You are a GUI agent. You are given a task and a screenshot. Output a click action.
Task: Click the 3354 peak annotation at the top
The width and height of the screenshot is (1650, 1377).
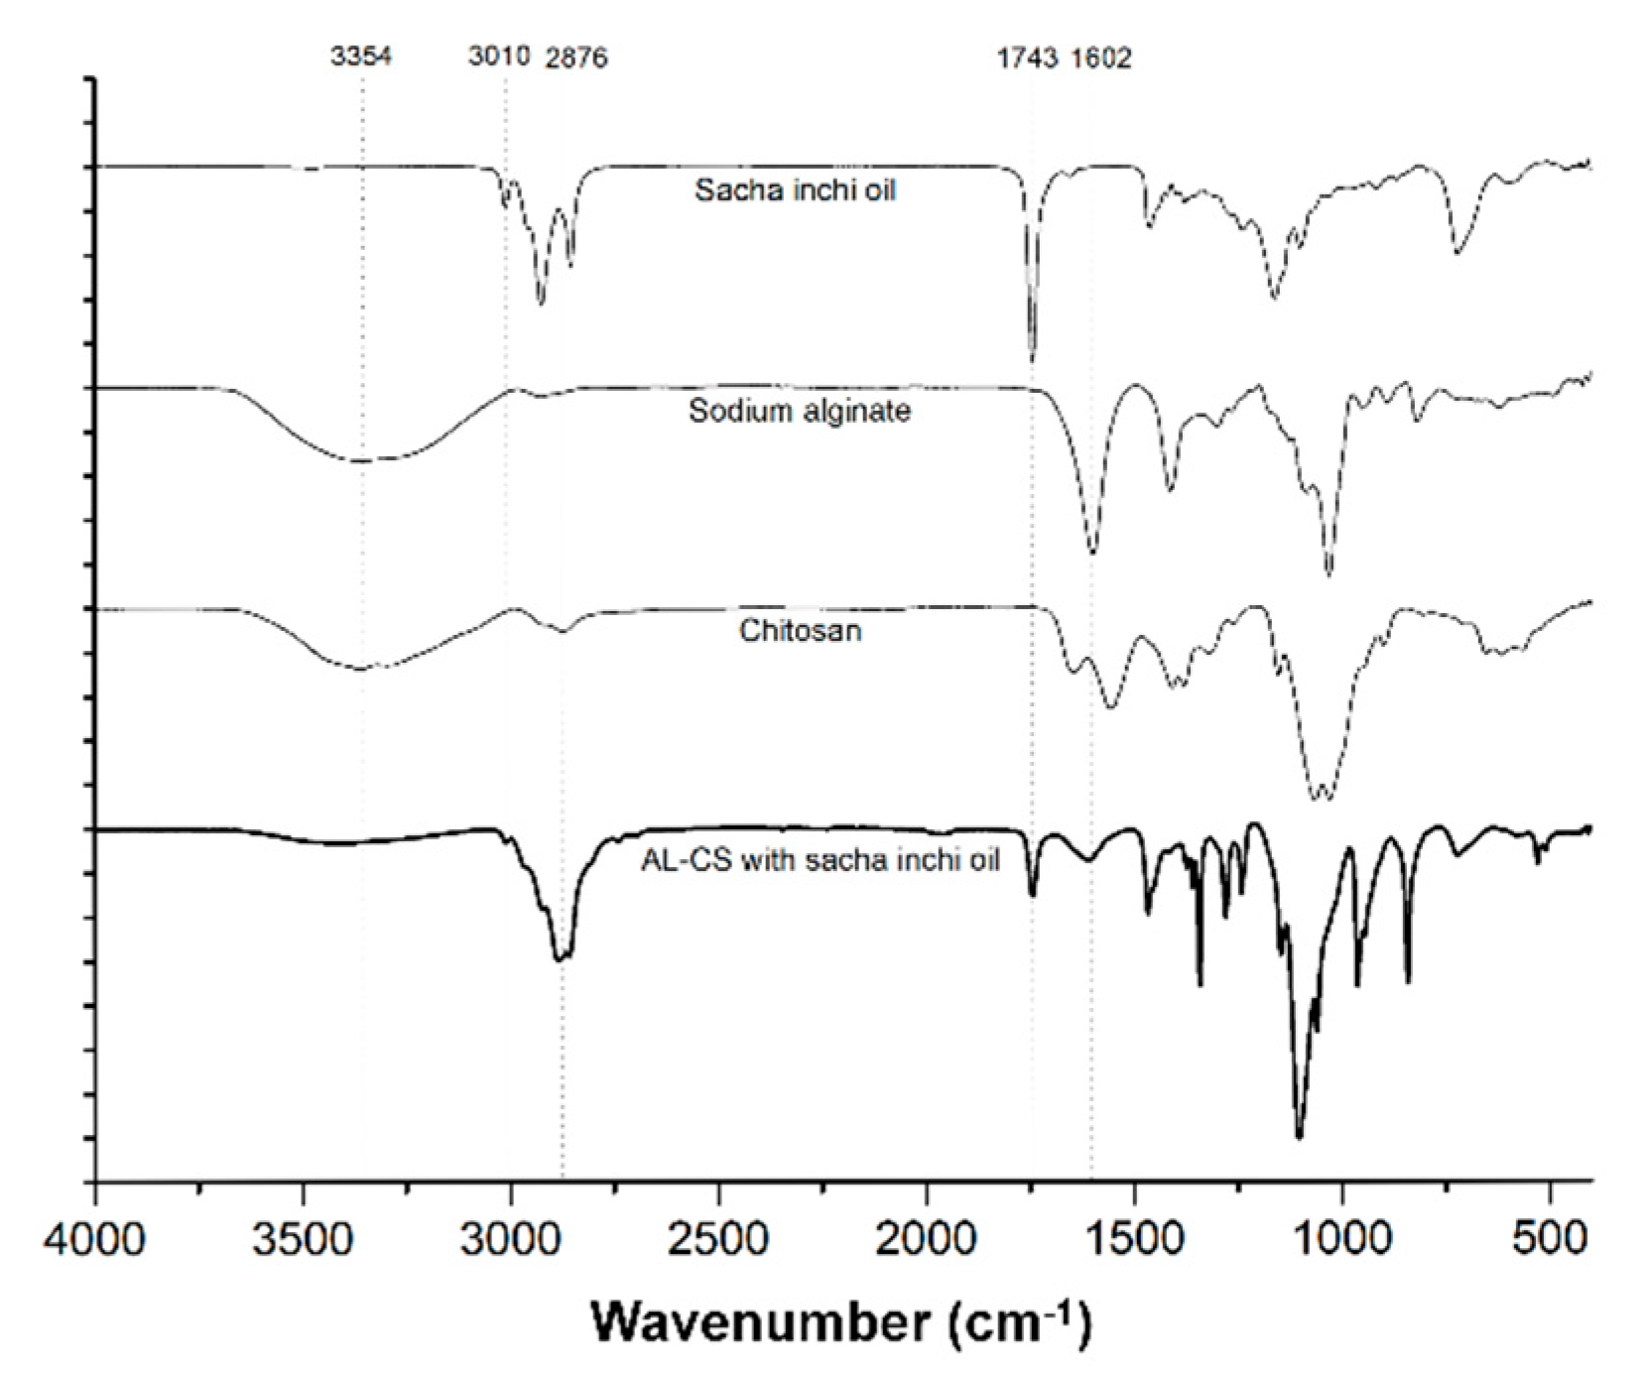click(x=361, y=56)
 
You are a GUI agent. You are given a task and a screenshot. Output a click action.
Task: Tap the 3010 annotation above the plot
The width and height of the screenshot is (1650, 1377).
click(x=499, y=56)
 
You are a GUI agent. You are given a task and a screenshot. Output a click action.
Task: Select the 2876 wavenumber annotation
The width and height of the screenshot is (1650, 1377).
click(x=576, y=58)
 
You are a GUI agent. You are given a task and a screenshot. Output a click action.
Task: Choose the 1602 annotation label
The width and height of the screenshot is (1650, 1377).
click(x=1101, y=58)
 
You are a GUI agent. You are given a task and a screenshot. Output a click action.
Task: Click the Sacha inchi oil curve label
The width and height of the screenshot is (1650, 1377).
click(x=795, y=189)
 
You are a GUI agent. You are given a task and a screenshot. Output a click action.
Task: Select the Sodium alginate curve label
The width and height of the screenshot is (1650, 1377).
click(x=799, y=410)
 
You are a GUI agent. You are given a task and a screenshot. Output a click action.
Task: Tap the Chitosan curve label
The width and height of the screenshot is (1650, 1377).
click(x=800, y=630)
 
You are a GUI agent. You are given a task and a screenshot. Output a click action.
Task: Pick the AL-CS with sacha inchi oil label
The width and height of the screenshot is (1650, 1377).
click(x=820, y=859)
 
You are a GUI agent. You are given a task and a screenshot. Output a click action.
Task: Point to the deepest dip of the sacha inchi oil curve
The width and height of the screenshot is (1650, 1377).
click(x=1033, y=361)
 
